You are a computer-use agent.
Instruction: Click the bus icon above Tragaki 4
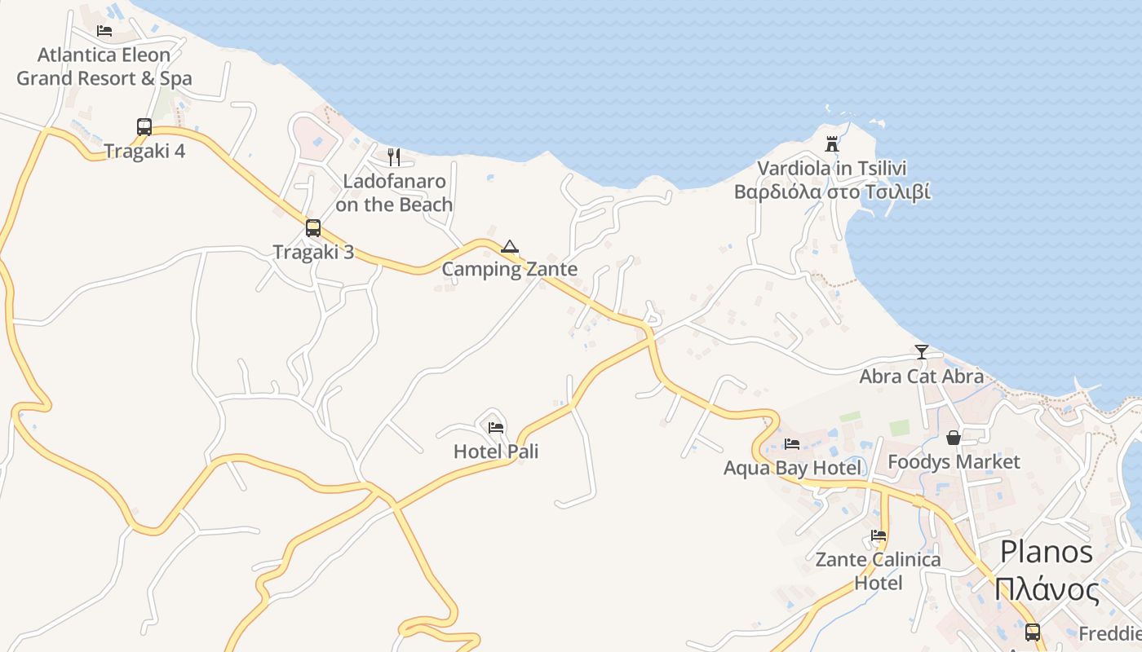click(x=144, y=127)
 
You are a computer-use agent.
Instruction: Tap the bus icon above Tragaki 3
click(x=313, y=228)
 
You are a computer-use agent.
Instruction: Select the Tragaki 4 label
click(x=144, y=151)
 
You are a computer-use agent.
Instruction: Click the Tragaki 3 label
click(x=313, y=252)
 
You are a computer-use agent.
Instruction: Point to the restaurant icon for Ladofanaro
click(x=394, y=156)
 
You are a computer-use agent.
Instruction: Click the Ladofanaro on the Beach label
click(x=394, y=192)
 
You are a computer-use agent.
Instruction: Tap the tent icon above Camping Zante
click(x=510, y=246)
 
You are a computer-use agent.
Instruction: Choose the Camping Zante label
click(x=510, y=269)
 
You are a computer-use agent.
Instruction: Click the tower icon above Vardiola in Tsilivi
click(x=832, y=144)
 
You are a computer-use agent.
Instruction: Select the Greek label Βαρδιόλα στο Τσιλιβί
click(x=832, y=192)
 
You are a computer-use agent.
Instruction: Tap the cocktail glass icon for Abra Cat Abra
click(x=922, y=352)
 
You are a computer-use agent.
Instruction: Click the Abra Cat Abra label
click(x=922, y=377)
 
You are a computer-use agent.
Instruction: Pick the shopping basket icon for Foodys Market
click(x=954, y=438)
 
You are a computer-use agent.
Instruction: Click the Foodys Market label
click(x=954, y=462)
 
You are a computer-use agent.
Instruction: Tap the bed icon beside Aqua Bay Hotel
click(x=791, y=444)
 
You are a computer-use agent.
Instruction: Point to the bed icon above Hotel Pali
click(x=495, y=427)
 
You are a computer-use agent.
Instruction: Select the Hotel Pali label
click(x=496, y=452)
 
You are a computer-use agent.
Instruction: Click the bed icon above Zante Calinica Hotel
click(x=879, y=535)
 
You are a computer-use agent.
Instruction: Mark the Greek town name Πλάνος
click(x=1047, y=588)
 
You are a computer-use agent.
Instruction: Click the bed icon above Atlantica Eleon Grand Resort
click(x=104, y=31)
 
